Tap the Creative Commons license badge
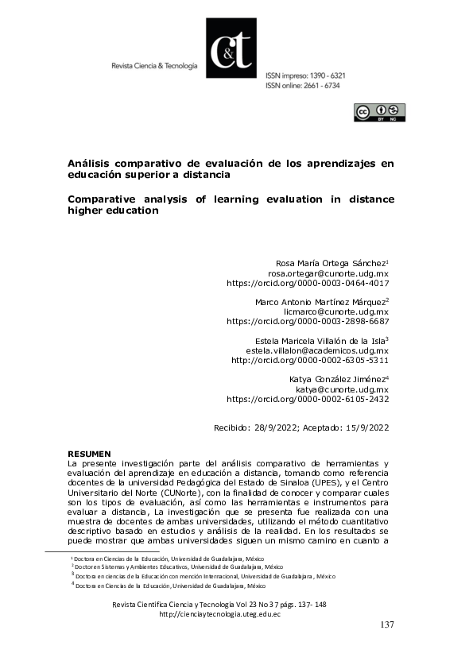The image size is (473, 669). click(379, 112)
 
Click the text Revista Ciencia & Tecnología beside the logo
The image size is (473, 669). click(154, 66)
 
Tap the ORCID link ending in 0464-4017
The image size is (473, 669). click(308, 282)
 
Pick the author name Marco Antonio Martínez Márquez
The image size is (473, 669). click(320, 302)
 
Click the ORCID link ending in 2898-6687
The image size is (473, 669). click(308, 322)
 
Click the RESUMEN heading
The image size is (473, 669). click(88, 453)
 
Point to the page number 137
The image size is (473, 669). click(386, 625)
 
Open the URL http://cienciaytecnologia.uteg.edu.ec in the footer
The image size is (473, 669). click(220, 614)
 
